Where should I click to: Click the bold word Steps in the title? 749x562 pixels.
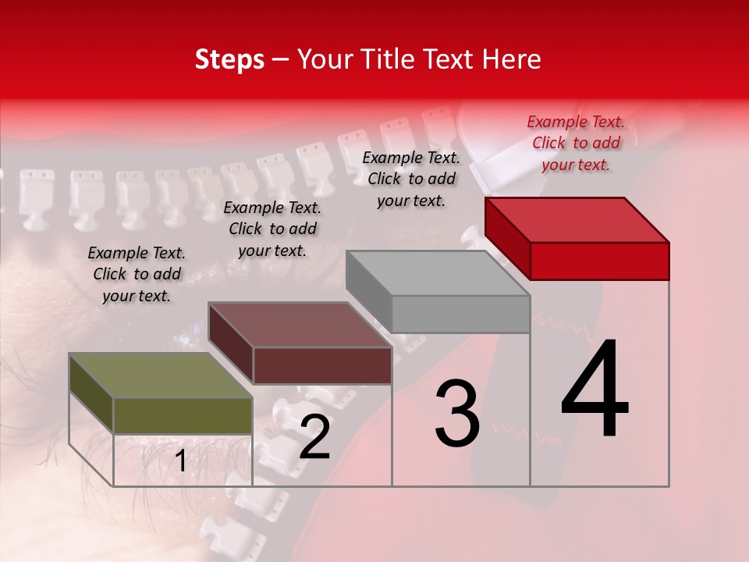tap(229, 59)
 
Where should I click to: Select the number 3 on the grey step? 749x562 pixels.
tap(456, 414)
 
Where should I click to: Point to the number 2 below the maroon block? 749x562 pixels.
tap(314, 437)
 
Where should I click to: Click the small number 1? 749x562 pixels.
tap(181, 461)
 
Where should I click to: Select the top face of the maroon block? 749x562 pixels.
tap(300, 325)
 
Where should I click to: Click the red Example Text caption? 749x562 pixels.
tap(576, 143)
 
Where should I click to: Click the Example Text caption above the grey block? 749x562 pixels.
tap(411, 179)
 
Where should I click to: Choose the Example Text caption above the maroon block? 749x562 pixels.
tap(272, 229)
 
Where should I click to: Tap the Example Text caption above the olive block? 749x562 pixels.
tap(137, 274)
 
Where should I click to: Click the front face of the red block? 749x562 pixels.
tap(599, 261)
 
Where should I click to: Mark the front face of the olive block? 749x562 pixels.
tap(183, 415)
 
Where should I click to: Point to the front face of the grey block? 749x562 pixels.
tap(460, 314)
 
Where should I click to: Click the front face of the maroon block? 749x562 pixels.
tap(321, 365)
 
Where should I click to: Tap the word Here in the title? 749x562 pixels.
tap(513, 59)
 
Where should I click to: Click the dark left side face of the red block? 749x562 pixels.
tap(507, 238)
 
